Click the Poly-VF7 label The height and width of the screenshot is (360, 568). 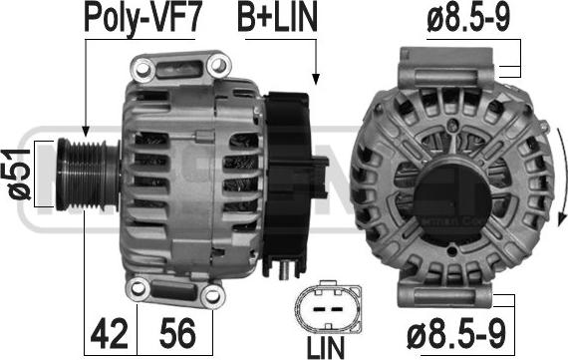(x=142, y=17)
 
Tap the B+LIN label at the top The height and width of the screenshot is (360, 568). (x=277, y=16)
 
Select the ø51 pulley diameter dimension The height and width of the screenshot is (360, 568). (x=19, y=175)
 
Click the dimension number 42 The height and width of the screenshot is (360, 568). (x=109, y=332)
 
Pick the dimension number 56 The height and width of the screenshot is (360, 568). (x=177, y=332)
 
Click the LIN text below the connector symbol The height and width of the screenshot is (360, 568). (x=326, y=348)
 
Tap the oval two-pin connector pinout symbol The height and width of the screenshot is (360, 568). (x=329, y=308)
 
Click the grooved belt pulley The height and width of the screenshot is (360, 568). (x=87, y=175)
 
